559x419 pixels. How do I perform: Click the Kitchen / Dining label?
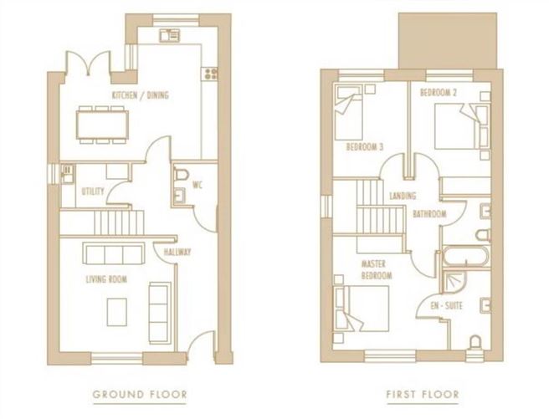point(141,95)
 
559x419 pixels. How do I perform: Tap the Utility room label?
point(93,192)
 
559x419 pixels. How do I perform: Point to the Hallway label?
point(177,252)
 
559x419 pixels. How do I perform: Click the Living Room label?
point(107,278)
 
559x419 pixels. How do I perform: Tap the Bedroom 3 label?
point(364,147)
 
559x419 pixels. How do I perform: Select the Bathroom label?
point(429,214)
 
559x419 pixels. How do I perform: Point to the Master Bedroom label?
point(376,268)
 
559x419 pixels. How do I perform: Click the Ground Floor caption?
point(139,393)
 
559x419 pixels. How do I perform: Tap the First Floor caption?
point(423,393)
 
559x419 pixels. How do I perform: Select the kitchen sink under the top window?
point(170,34)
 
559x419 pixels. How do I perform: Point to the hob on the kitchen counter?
point(210,74)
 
